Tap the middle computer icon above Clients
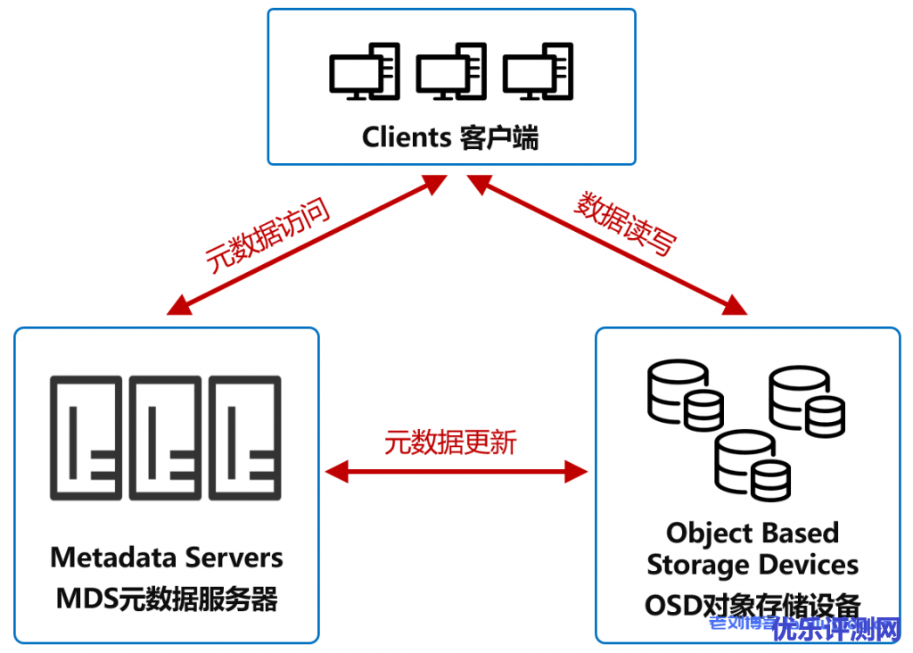[450, 72]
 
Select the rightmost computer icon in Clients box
[537, 72]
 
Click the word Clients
[407, 137]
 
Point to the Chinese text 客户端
[500, 137]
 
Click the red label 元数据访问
[267, 235]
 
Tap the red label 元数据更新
[451, 442]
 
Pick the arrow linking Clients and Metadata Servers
[307, 245]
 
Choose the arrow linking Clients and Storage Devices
[610, 245]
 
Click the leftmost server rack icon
[86, 438]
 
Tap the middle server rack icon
[166, 438]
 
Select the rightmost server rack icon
[245, 438]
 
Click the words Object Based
[753, 533]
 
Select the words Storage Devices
[753, 565]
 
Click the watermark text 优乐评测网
[837, 630]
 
